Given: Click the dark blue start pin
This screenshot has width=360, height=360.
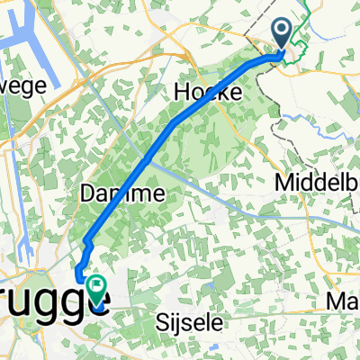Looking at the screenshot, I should (x=283, y=34).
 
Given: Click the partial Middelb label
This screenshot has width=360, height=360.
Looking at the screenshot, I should (x=319, y=182).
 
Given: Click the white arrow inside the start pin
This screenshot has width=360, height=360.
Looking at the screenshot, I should (x=283, y=32).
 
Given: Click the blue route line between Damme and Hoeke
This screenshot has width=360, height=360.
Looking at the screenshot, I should (x=162, y=139).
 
